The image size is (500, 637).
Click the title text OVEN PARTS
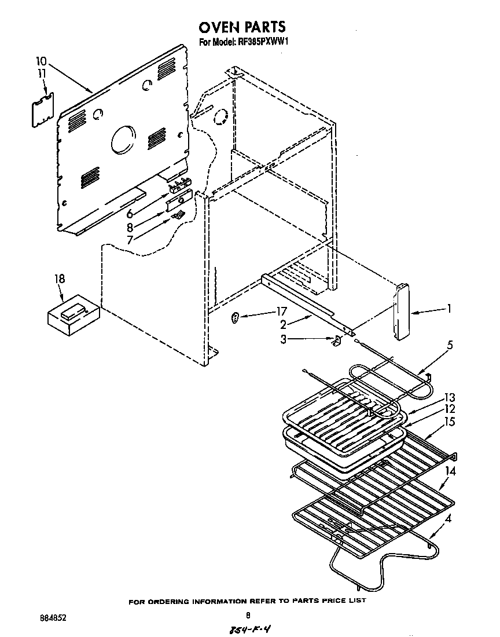(242, 27)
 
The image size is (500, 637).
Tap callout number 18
(60, 279)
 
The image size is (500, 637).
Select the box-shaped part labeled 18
(72, 316)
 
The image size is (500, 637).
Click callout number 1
(448, 309)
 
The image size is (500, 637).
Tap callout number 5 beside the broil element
(449, 346)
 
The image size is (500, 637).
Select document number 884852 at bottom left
(52, 617)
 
